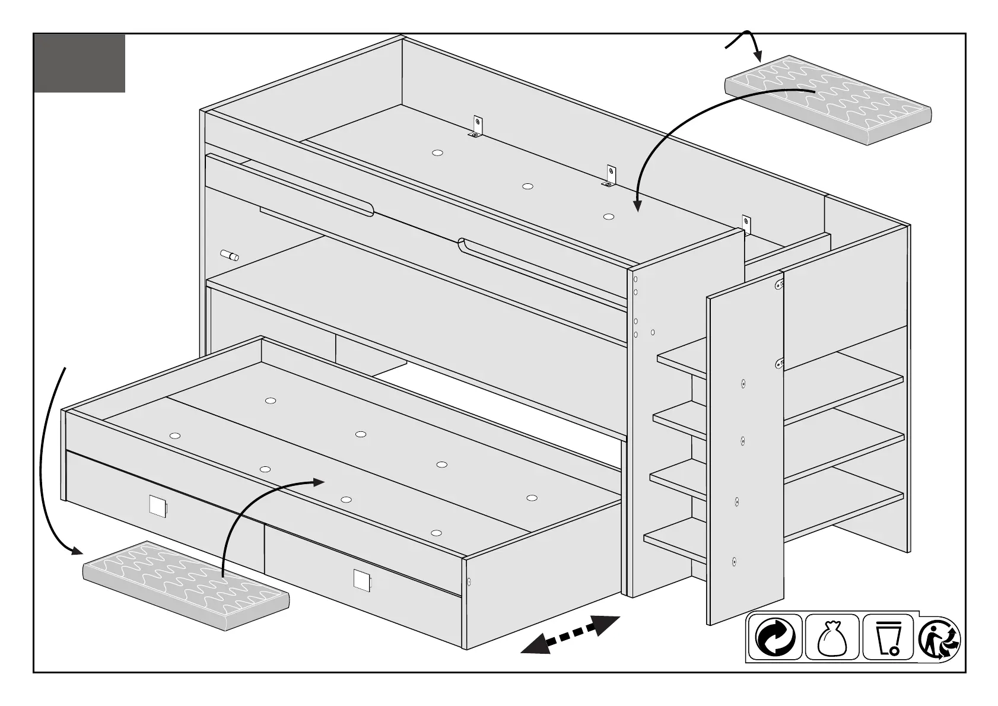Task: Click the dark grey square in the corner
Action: (x=80, y=63)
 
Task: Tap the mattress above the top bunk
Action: (x=828, y=100)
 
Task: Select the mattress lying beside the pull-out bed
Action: (x=186, y=584)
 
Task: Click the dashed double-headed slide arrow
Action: (x=570, y=635)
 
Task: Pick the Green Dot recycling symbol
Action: (x=775, y=637)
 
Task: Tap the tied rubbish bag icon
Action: (x=831, y=637)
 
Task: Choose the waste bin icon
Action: (x=888, y=637)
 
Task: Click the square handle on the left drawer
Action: (x=158, y=505)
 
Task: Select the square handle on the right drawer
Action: (x=361, y=579)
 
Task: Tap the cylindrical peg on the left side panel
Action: (x=230, y=255)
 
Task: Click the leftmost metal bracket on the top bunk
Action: (x=478, y=127)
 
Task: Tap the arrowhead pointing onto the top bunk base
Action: (x=637, y=205)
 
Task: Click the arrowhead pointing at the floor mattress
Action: (x=75, y=551)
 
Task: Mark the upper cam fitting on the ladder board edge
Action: (x=779, y=286)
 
